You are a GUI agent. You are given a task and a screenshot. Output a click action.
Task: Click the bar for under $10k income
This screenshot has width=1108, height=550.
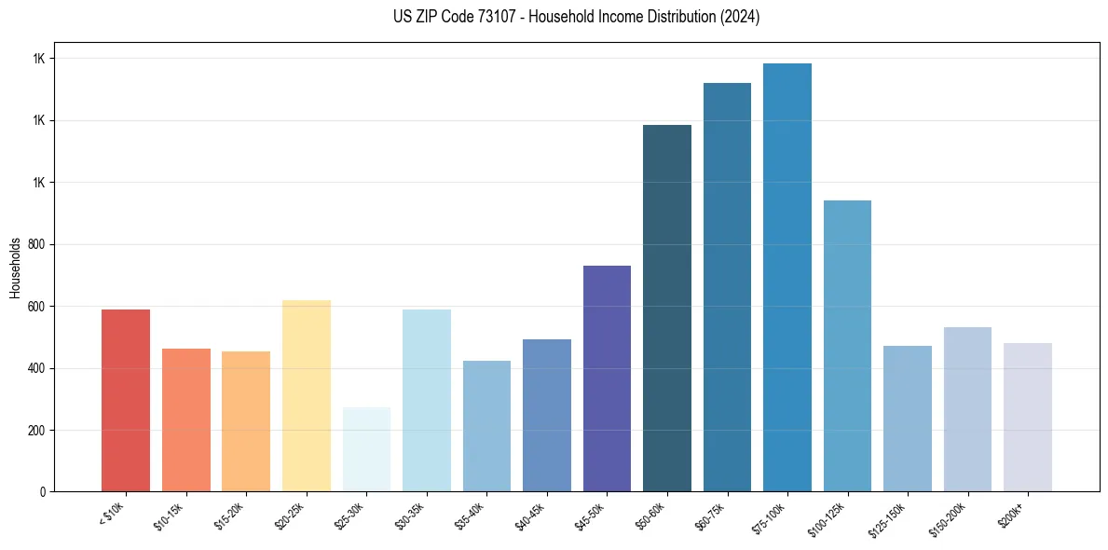125,401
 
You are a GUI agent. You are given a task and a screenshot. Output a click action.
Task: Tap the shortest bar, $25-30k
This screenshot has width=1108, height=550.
366,449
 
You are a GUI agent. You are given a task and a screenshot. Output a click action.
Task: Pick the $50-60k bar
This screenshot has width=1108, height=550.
667,309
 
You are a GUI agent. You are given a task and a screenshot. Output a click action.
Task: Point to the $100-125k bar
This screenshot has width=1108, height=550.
847,346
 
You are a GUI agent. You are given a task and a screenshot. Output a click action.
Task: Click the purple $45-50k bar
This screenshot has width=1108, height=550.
607,378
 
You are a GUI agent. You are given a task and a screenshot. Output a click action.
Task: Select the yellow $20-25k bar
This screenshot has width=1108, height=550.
306,396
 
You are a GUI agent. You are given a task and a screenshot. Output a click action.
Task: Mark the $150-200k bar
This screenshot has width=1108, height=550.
967,409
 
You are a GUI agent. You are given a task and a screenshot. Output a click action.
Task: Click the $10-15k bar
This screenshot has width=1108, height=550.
185,420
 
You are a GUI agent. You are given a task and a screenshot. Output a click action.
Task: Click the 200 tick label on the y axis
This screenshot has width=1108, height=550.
36,431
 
